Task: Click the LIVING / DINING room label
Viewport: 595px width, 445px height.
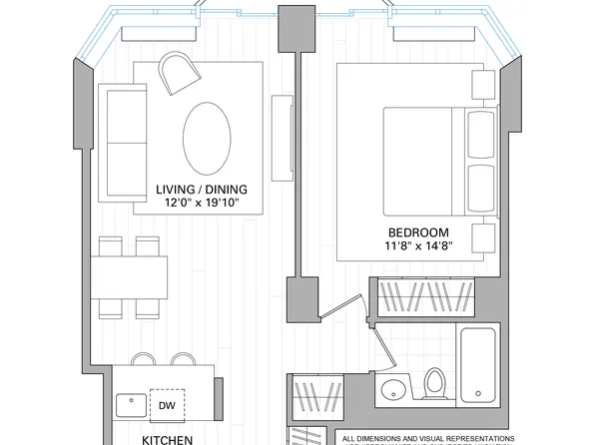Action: (x=202, y=189)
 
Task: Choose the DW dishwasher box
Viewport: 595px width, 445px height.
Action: (x=166, y=405)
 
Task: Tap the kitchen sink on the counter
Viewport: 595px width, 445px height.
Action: (x=129, y=405)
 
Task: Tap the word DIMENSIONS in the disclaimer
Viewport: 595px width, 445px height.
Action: (x=393, y=438)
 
